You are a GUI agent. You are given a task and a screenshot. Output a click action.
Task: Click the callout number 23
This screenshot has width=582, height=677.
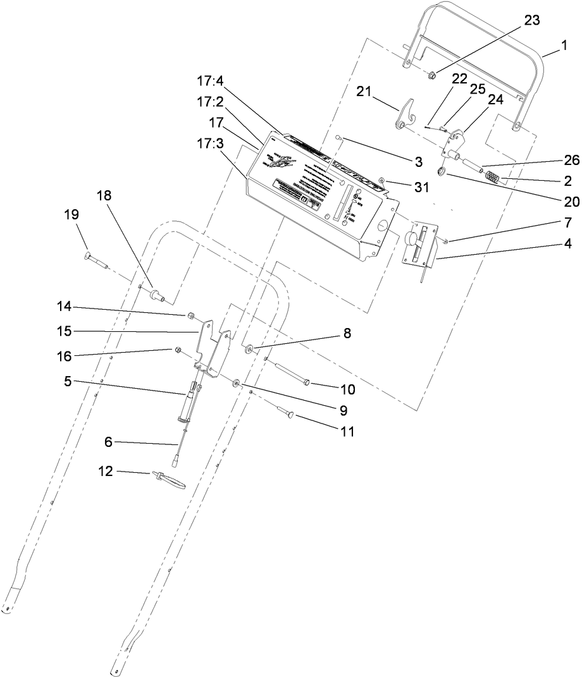point(531,20)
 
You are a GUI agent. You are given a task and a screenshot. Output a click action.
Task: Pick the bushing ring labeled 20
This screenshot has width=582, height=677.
point(442,172)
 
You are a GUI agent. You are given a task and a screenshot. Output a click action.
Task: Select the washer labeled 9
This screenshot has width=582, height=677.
point(235,384)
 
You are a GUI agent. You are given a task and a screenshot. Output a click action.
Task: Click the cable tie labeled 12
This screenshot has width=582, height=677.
point(168,478)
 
